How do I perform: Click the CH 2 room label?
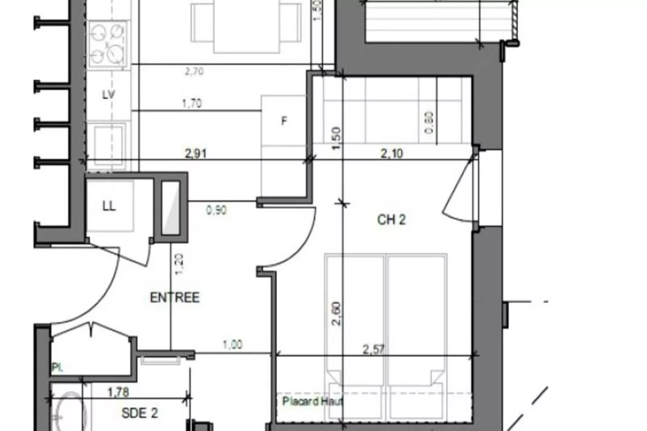tap(391, 220)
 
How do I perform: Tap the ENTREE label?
tap(175, 298)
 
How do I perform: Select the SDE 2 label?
tap(139, 413)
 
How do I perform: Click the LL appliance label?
tap(109, 206)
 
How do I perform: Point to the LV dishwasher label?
tap(108, 95)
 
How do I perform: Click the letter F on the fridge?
tap(284, 120)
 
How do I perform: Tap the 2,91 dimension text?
tap(195, 153)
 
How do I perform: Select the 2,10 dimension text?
tap(392, 153)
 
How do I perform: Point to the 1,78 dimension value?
tap(118, 392)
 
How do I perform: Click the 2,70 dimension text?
tap(194, 72)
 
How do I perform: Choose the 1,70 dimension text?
tap(192, 104)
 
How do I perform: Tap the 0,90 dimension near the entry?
tap(216, 210)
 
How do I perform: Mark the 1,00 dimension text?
tap(232, 345)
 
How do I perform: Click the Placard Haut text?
tap(312, 401)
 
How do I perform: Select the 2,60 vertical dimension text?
tap(337, 314)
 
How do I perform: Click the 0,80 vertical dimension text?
tap(429, 122)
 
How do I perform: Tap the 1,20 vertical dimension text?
tap(179, 264)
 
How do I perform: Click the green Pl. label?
tap(57, 367)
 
